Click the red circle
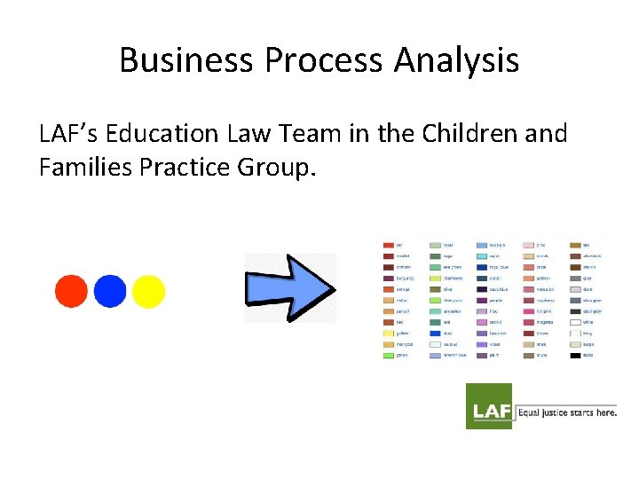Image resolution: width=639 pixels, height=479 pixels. click(x=71, y=291)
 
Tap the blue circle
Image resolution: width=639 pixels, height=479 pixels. click(x=110, y=291)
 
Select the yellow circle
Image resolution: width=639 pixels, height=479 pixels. click(x=148, y=291)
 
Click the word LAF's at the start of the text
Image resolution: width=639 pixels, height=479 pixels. click(x=69, y=134)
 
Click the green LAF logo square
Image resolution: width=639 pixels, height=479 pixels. click(x=489, y=406)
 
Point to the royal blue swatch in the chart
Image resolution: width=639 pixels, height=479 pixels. click(x=482, y=266)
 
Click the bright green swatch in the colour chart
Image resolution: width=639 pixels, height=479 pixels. click(x=389, y=356)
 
